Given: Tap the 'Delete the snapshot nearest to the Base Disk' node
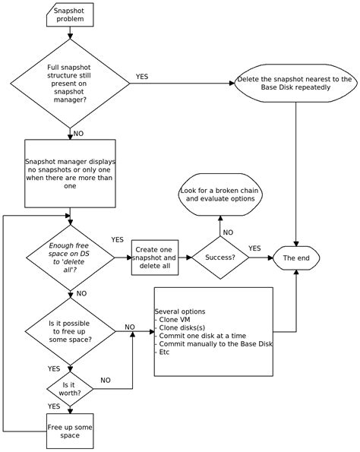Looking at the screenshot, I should click(x=294, y=84).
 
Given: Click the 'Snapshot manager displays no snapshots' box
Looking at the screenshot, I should click(x=70, y=173).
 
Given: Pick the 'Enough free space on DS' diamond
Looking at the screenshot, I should click(x=70, y=258).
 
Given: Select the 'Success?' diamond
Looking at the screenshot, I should click(x=219, y=258).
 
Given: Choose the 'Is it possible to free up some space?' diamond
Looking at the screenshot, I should click(x=70, y=332).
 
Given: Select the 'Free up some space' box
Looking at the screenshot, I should click(x=70, y=430).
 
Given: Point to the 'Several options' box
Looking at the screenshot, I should click(x=213, y=331).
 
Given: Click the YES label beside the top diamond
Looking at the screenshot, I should click(x=142, y=76).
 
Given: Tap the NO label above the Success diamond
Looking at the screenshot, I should click(x=228, y=232).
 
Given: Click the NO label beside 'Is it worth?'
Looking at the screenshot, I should click(x=106, y=380).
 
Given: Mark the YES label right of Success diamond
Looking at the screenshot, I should click(x=254, y=248).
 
